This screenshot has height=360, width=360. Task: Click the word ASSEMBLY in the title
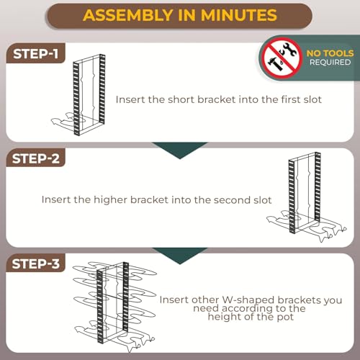(127, 15)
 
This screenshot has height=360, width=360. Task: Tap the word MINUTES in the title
(239, 15)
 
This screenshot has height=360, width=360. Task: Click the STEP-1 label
(36, 54)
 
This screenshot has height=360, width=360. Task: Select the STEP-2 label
(36, 158)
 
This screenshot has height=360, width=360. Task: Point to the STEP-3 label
(36, 264)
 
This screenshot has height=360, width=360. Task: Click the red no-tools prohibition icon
(282, 58)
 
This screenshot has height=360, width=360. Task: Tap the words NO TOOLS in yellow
(330, 53)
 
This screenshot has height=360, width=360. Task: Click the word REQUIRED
(330, 63)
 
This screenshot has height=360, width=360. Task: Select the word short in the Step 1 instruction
(181, 99)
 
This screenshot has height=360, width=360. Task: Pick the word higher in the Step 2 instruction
(110, 199)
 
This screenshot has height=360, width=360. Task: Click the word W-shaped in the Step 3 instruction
(248, 300)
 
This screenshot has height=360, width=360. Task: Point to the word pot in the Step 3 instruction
(285, 317)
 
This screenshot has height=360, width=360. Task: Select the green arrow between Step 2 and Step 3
(180, 256)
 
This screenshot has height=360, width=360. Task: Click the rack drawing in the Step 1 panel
(78, 95)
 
